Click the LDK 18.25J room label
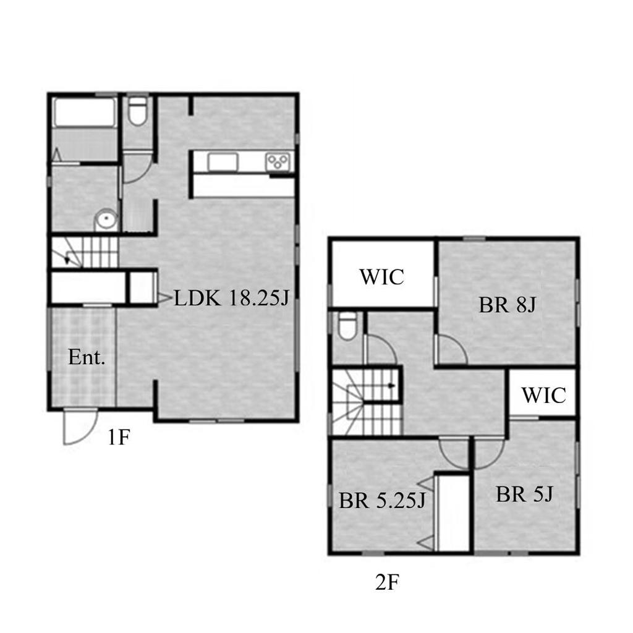pos(232,299)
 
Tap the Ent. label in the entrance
pos(87,357)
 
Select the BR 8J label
pos(508,305)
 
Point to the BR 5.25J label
pos(382,501)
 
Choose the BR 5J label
pos(524,494)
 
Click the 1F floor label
pos(118,437)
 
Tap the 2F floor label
pos(387,582)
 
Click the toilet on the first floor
pos(138,111)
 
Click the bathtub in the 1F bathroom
pos(85,112)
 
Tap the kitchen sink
pos(223,163)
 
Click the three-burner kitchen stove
pos(278,163)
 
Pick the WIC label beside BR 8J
pos(381,277)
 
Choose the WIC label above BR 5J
pos(544,395)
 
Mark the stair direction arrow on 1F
pos(71,258)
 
